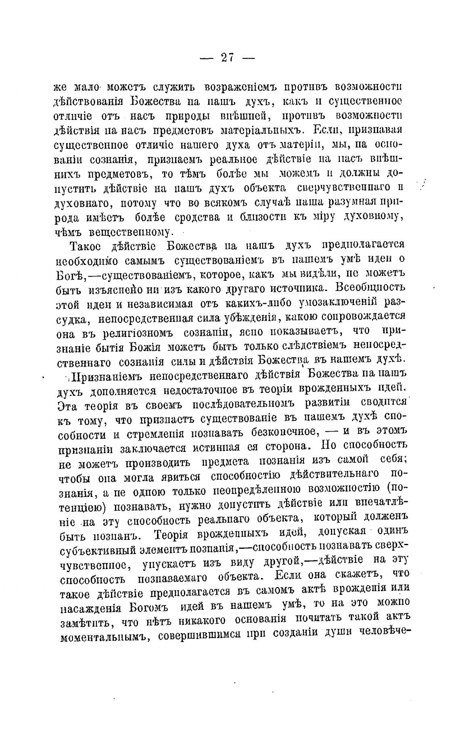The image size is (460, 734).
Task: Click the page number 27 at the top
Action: [228, 58]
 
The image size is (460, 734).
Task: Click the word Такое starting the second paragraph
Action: [85, 246]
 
